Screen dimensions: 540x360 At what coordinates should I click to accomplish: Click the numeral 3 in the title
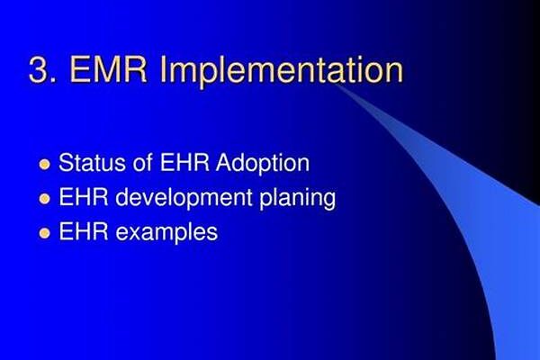(x=39, y=69)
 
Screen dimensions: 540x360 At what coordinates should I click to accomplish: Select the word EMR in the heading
(x=109, y=69)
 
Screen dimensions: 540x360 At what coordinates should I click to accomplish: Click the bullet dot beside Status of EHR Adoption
(x=44, y=165)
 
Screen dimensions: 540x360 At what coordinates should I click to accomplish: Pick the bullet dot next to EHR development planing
(x=44, y=199)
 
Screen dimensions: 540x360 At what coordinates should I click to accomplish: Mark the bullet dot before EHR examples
(x=44, y=233)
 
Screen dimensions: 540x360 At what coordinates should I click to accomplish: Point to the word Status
(x=93, y=163)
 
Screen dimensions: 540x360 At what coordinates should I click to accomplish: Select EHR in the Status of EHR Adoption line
(x=184, y=163)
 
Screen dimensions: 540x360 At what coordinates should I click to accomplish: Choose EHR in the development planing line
(x=84, y=197)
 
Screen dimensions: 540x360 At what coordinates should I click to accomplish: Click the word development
(x=184, y=199)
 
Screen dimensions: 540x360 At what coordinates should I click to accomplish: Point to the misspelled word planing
(x=298, y=199)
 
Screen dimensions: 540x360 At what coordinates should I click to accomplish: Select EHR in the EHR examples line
(x=84, y=232)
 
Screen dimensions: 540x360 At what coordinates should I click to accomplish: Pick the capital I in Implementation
(x=163, y=69)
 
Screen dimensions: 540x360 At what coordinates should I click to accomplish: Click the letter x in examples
(x=136, y=234)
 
